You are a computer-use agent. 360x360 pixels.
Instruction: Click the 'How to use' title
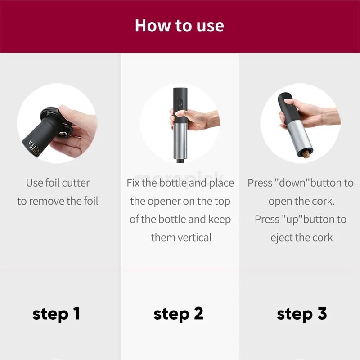pyautogui.click(x=180, y=25)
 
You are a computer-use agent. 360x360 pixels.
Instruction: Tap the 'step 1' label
pyautogui.click(x=56, y=314)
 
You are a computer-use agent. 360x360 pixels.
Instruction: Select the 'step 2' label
pyautogui.click(x=179, y=314)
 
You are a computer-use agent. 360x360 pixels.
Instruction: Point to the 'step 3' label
pyautogui.click(x=302, y=314)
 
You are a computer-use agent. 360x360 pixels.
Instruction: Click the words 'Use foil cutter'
pyautogui.click(x=58, y=183)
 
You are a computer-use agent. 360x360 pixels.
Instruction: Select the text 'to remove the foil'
pyautogui.click(x=58, y=201)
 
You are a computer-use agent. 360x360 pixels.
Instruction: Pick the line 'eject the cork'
pyautogui.click(x=301, y=238)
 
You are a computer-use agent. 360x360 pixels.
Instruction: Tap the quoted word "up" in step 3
pyautogui.click(x=292, y=220)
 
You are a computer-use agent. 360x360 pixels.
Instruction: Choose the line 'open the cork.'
pyautogui.click(x=301, y=201)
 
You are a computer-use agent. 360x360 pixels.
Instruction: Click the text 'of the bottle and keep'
pyautogui.click(x=180, y=219)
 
